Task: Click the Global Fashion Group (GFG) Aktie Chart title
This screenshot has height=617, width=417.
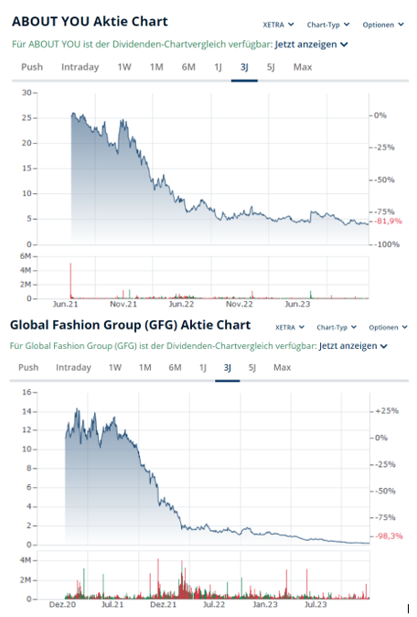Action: [130, 325]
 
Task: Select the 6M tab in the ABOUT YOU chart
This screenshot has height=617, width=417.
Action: [187, 67]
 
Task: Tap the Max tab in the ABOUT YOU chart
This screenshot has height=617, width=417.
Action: [302, 67]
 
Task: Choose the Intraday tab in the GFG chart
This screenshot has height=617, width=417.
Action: [73, 367]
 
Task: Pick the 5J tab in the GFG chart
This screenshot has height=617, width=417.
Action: [251, 367]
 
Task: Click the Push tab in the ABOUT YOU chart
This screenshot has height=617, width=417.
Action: [32, 67]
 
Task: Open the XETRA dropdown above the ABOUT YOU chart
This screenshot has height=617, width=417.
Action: [278, 25]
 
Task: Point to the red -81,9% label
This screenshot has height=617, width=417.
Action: [390, 222]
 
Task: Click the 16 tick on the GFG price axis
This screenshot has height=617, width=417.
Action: [27, 392]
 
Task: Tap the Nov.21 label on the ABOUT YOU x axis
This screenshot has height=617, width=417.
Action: [123, 304]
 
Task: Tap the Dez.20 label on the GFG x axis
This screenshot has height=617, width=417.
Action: [62, 605]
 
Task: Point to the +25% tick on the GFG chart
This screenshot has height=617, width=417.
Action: [387, 412]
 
